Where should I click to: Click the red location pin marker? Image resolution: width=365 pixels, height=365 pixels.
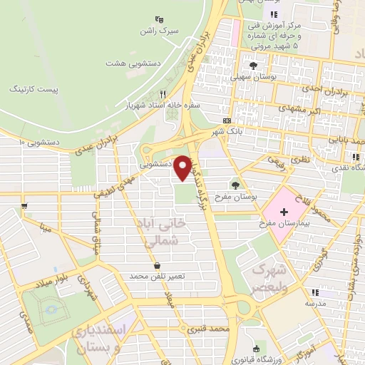183,168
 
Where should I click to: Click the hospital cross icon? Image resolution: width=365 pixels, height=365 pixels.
284,212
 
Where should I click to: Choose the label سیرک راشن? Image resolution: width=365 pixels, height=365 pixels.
158,33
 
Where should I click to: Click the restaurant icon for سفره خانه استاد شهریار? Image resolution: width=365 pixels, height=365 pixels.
163,94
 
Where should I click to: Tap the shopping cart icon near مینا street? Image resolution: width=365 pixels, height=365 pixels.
24,205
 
